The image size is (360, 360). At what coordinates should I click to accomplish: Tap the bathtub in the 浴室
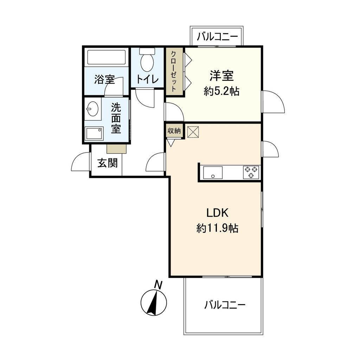click(x=106, y=57)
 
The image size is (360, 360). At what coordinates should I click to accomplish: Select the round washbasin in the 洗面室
click(x=92, y=109)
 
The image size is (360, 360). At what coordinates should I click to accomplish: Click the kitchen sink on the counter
click(x=213, y=173)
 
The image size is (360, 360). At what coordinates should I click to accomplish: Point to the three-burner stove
click(x=251, y=172)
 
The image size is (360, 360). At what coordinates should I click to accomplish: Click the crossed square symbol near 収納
click(x=193, y=132)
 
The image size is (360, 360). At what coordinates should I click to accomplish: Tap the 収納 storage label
click(x=174, y=131)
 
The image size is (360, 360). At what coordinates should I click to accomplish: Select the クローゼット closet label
click(x=174, y=72)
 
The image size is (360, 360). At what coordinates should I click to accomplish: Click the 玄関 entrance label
click(x=108, y=163)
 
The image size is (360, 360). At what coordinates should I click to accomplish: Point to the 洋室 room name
click(x=222, y=76)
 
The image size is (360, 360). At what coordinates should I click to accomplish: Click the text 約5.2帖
click(x=222, y=91)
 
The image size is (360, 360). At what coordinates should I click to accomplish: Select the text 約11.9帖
click(x=217, y=229)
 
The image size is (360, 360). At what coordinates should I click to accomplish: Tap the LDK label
click(x=218, y=213)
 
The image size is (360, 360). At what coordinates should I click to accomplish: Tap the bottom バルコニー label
click(x=225, y=304)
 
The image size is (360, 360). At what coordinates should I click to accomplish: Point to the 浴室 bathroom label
click(x=104, y=79)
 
